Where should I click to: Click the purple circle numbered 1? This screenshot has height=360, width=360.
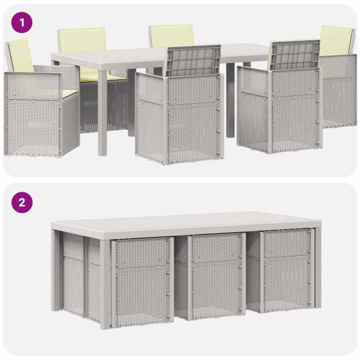(22, 23)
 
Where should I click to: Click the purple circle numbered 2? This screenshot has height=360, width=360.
(22, 203)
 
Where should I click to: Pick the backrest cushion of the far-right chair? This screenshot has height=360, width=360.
(335, 41)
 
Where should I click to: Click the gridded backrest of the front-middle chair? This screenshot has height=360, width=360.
(193, 61)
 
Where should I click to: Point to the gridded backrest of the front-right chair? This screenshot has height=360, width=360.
(295, 55)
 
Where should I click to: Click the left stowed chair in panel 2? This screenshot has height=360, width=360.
(142, 281)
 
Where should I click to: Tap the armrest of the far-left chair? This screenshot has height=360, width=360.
(33, 85)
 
